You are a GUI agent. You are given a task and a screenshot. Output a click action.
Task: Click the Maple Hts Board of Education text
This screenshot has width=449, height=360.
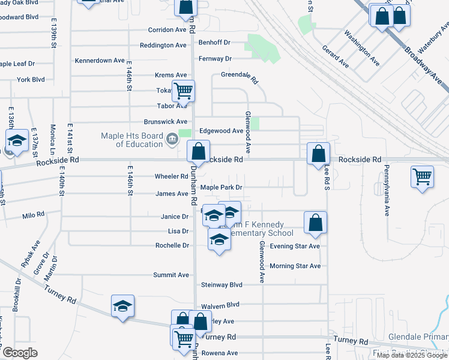(132, 140)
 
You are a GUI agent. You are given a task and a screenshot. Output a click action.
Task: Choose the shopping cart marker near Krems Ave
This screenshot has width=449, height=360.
(184, 91)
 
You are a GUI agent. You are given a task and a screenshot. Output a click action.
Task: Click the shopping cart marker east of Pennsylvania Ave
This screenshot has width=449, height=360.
(423, 177)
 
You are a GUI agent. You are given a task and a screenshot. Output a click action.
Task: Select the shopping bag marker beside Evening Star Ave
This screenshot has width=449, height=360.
(316, 223)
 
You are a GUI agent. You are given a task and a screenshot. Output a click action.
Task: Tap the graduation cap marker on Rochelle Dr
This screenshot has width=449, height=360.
(219, 239)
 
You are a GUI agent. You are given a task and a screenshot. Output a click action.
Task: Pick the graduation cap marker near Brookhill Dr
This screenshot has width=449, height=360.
(122, 306)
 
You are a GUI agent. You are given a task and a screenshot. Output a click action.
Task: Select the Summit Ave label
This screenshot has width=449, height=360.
(170, 275)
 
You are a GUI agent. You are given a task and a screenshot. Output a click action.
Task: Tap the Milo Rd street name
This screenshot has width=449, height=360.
(34, 214)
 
